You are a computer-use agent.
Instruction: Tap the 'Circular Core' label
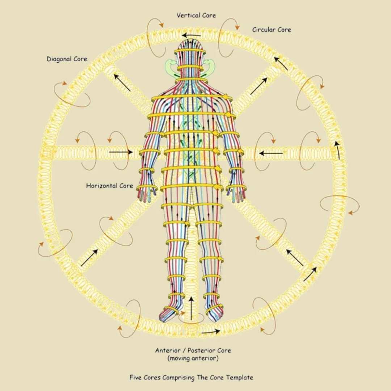272,30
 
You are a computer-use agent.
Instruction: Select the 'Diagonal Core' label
67,59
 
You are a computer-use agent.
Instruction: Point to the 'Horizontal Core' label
109,186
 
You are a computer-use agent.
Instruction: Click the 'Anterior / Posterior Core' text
193,350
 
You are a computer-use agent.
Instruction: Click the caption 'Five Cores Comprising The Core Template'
191,378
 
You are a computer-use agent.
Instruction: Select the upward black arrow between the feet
191,308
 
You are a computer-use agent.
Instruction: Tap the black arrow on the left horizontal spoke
121,152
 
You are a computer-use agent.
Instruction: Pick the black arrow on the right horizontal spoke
271,153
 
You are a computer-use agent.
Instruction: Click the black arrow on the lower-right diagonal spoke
295,257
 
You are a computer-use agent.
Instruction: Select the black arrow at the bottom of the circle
210,331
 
